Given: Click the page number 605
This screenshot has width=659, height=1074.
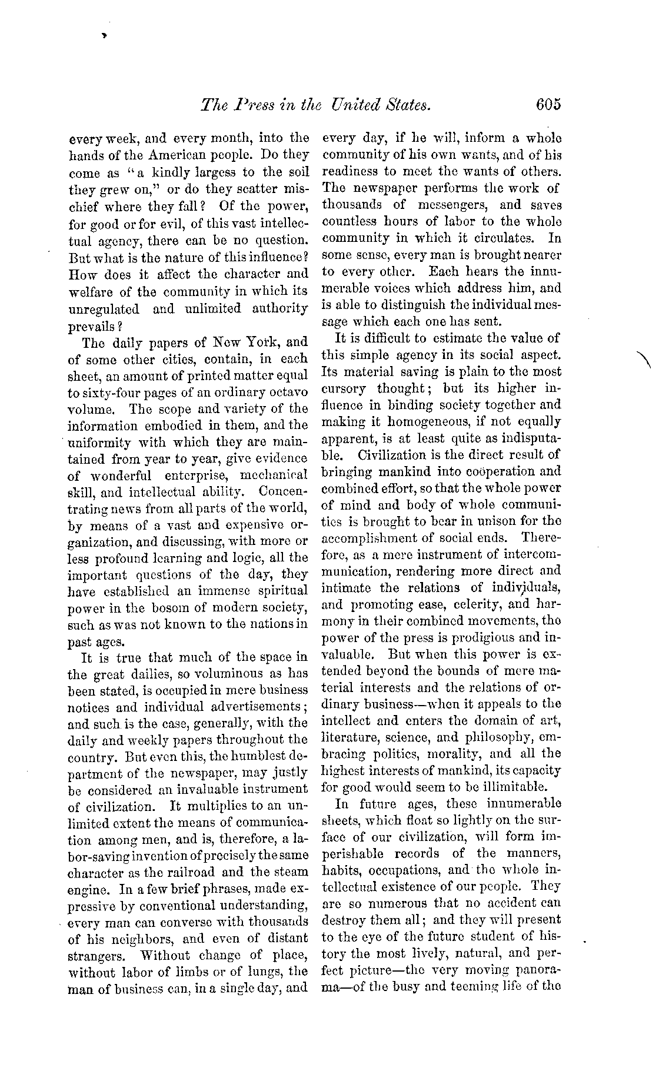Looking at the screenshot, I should click(548, 105).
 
